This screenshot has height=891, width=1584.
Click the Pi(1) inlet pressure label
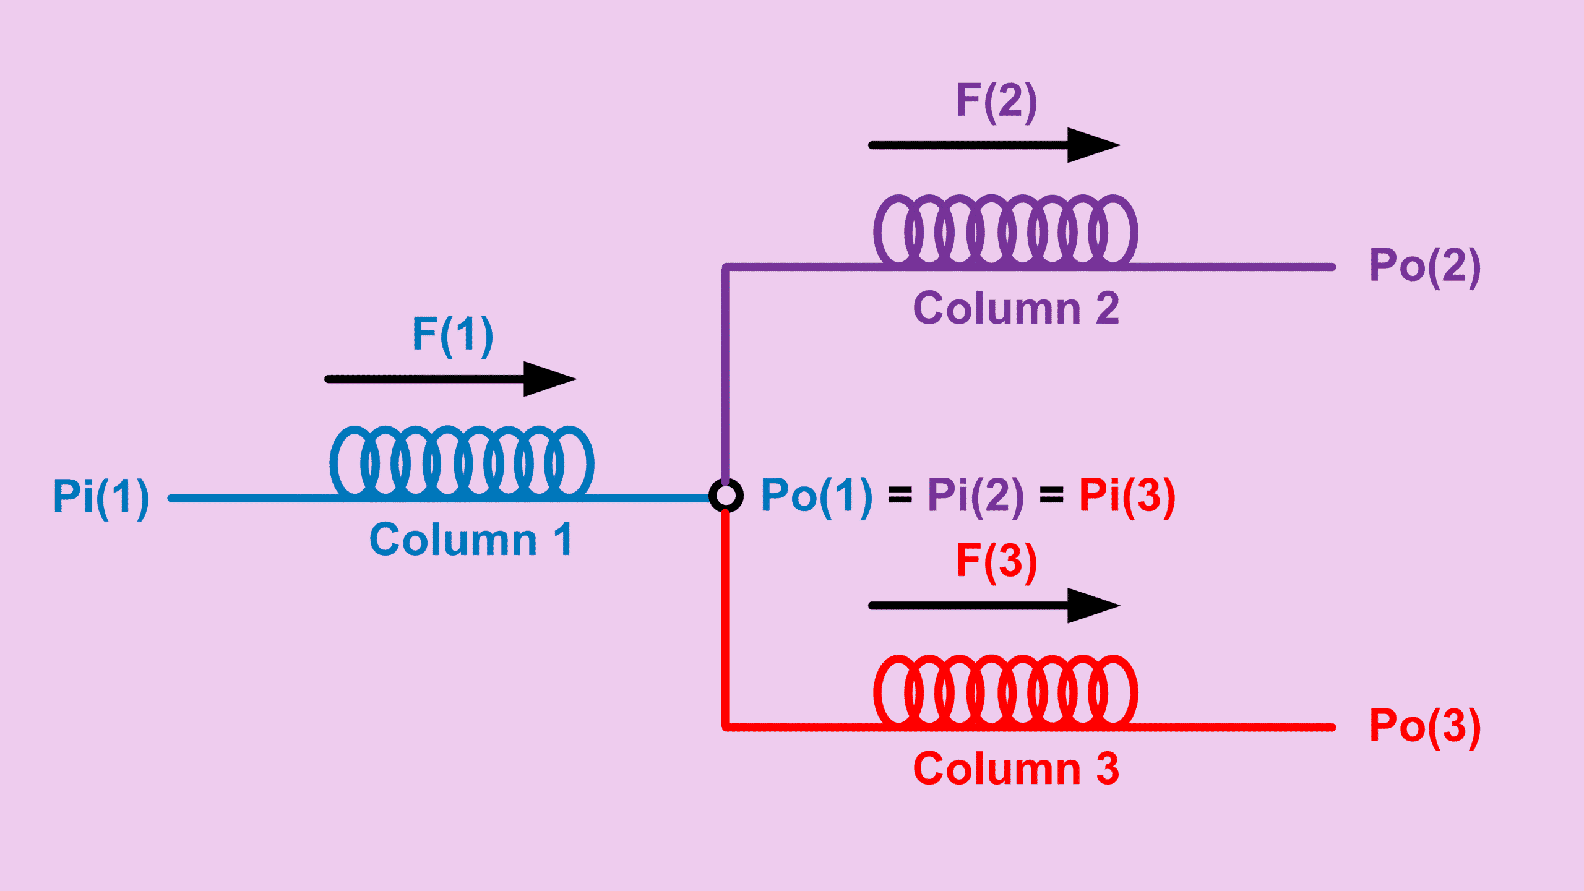(101, 497)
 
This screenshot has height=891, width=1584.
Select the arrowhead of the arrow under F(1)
(548, 379)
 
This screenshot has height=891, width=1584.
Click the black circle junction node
(726, 496)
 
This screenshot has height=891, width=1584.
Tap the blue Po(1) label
(816, 496)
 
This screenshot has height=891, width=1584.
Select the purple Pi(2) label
(975, 496)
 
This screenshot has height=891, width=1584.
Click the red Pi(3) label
(1127, 496)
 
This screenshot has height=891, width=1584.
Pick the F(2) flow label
(996, 101)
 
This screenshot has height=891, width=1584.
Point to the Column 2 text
(1015, 308)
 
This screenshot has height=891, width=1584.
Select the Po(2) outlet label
(1424, 266)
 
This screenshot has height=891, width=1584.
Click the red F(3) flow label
(996, 561)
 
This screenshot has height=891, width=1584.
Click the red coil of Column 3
(1005, 691)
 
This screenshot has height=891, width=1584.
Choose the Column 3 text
(1015, 768)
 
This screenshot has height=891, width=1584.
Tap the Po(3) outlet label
(1424, 726)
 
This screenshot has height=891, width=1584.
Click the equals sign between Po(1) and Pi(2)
(900, 496)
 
